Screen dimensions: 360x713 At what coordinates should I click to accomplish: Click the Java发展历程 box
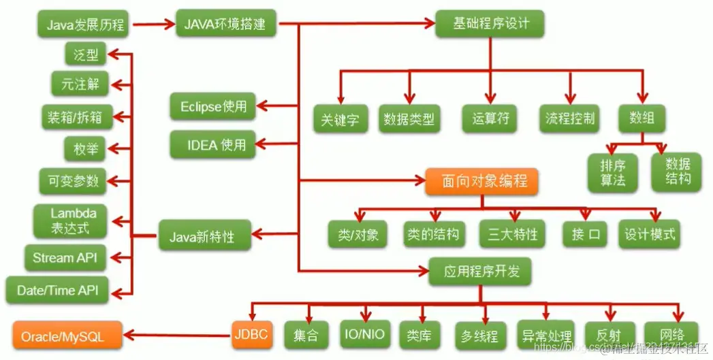coord(85,26)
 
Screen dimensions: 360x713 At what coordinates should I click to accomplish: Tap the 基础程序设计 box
coord(490,24)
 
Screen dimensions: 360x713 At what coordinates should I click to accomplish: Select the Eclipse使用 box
coord(212,107)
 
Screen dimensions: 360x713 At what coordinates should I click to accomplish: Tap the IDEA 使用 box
coord(212,145)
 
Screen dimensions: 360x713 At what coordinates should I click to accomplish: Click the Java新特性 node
coord(205,237)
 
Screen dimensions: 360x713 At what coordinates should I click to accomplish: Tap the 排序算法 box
coord(613,172)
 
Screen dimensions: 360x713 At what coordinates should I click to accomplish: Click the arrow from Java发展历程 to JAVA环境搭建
coord(153,26)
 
